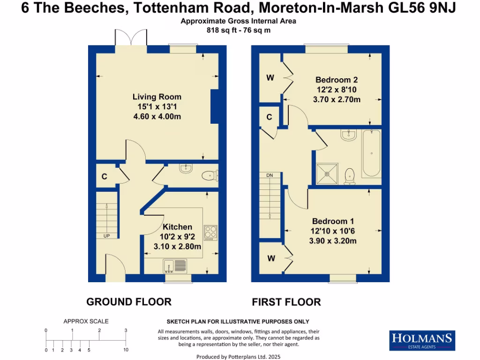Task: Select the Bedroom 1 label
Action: [x=333, y=221]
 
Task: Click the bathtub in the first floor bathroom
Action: [x=371, y=153]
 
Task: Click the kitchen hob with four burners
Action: [x=210, y=232]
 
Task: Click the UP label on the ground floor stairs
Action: [x=106, y=236]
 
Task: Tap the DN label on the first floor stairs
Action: [x=270, y=175]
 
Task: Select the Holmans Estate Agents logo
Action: [x=422, y=340]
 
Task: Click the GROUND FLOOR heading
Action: [x=129, y=302]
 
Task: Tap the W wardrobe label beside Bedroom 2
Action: [x=270, y=78]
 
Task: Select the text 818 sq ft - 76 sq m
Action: [x=239, y=30]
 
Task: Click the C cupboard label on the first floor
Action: [x=270, y=117]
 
